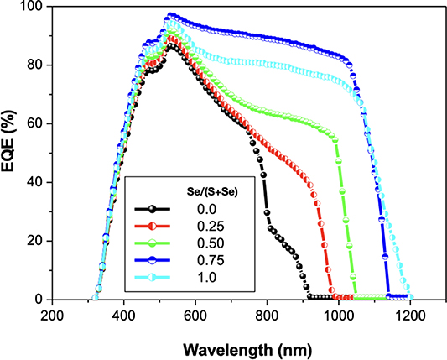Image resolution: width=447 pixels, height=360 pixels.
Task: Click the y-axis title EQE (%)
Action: click(12, 153)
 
